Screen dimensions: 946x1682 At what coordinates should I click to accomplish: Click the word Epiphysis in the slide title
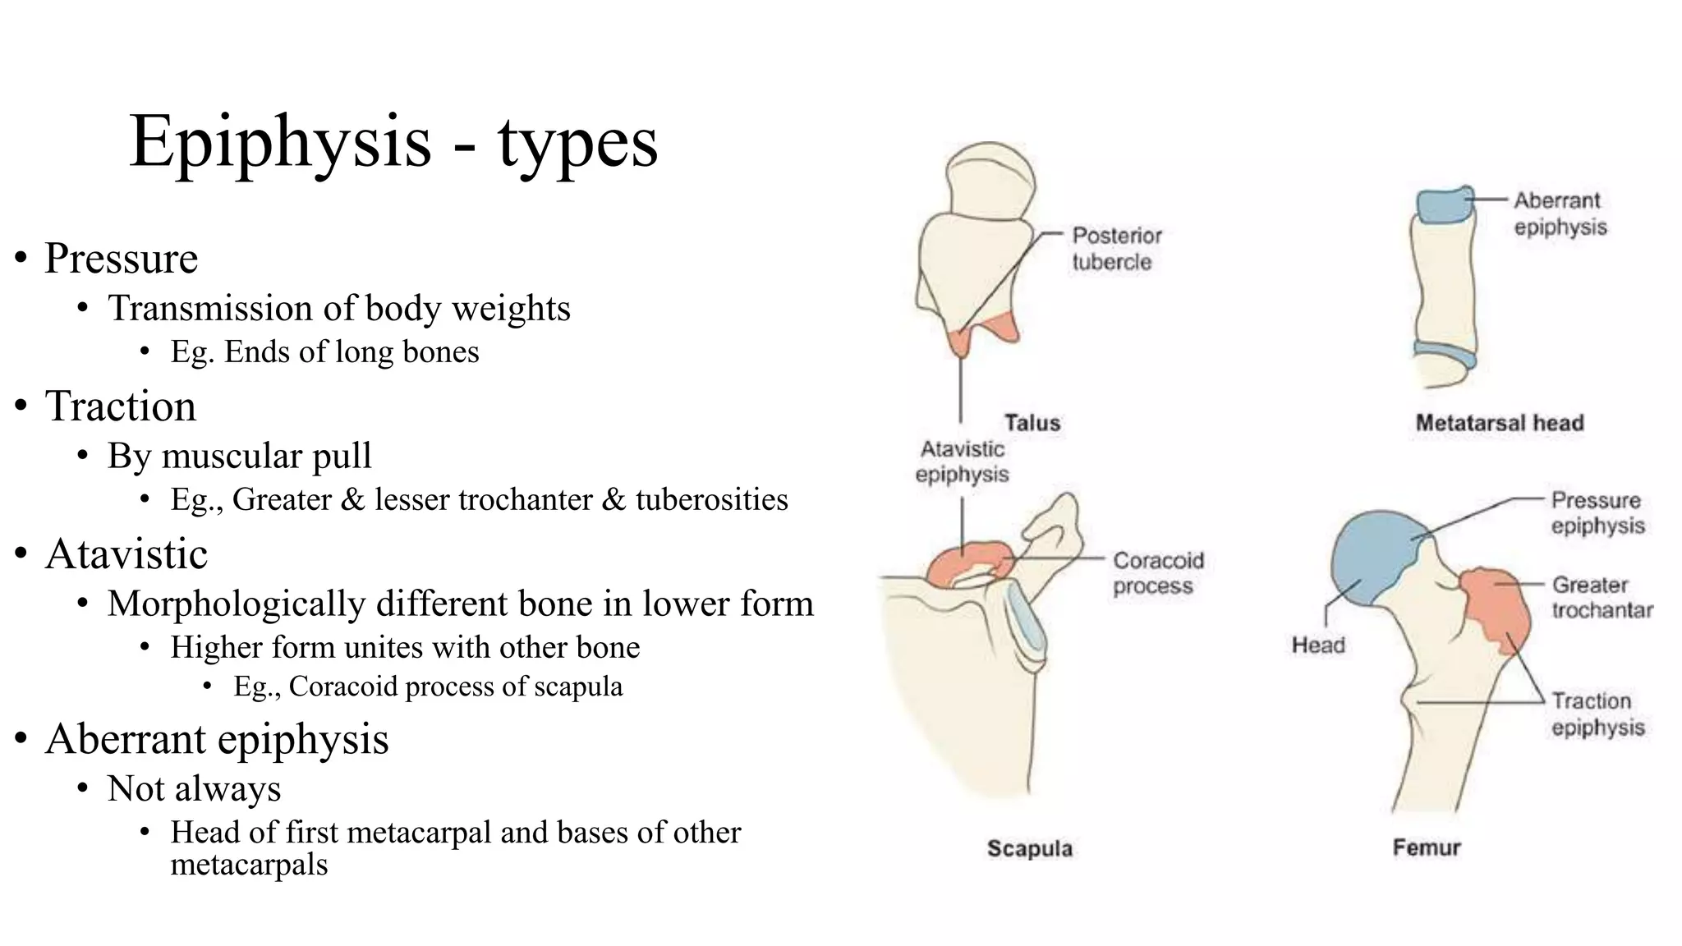(280, 142)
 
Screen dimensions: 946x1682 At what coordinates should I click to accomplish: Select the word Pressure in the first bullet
(121, 259)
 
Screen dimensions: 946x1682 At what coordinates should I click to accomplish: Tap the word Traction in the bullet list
(121, 406)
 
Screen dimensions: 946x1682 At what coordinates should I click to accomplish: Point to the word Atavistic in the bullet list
(126, 554)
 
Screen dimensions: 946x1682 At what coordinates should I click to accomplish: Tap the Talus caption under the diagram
(1032, 423)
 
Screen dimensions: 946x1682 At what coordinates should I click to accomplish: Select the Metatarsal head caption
(1500, 423)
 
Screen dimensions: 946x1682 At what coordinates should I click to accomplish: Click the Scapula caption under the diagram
(1030, 848)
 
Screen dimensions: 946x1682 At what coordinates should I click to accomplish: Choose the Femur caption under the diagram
(1427, 847)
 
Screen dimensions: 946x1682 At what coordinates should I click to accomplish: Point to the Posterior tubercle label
(1116, 249)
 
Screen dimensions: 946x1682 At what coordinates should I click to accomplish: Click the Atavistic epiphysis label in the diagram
(962, 462)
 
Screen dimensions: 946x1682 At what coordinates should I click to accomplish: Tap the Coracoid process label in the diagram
(1158, 573)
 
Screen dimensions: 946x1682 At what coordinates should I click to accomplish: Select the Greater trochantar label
(1602, 597)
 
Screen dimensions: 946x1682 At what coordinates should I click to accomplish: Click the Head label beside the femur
(1318, 645)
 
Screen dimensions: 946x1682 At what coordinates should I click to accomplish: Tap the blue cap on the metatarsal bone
(1443, 205)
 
